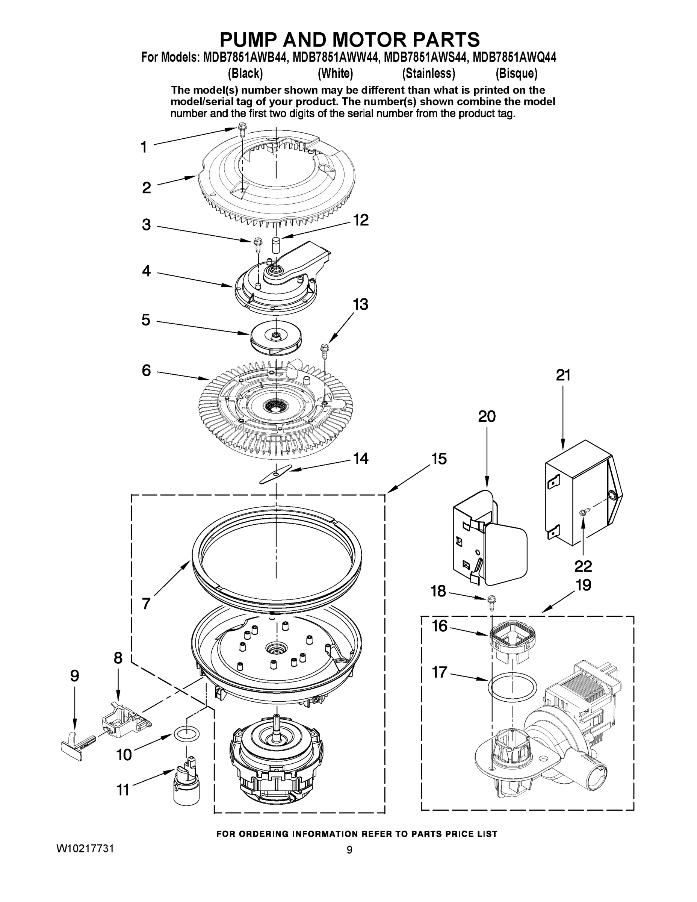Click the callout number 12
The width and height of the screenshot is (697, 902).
pos(360,220)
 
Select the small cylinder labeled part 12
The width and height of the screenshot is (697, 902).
pos(275,247)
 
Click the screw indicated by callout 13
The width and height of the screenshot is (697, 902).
pos(324,350)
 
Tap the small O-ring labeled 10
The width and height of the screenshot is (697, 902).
pos(186,734)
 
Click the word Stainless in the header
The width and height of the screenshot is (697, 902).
pos(429,74)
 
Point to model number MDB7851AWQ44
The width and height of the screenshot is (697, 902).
pos(514,58)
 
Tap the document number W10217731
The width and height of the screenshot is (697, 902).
pos(85,848)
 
